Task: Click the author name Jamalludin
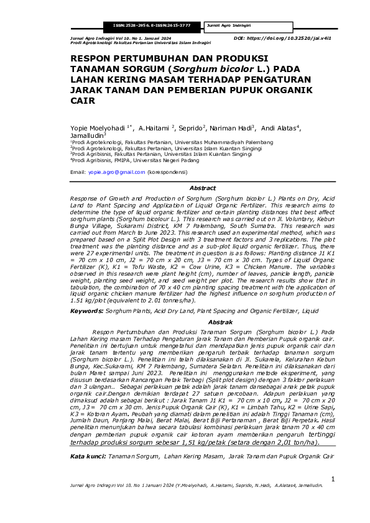click(x=87, y=135)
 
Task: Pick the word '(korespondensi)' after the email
click(x=167, y=171)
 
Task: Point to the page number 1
click(x=333, y=479)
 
